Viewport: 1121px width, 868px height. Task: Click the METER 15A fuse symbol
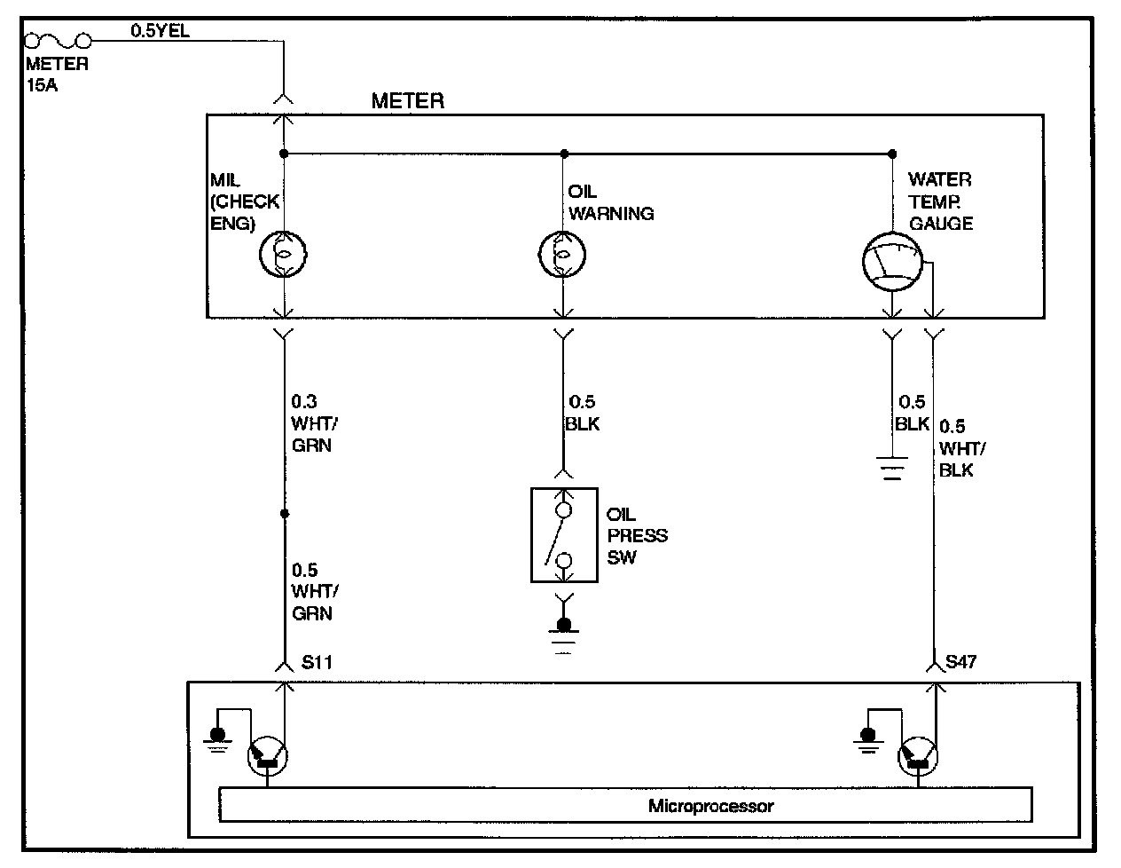pyautogui.click(x=58, y=40)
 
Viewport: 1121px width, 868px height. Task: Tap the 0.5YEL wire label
pyautogui.click(x=160, y=30)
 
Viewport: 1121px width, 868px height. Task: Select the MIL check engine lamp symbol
pyautogui.click(x=283, y=254)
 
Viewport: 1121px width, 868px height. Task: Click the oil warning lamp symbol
pyautogui.click(x=562, y=254)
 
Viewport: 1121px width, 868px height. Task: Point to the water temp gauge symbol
pyautogui.click(x=892, y=262)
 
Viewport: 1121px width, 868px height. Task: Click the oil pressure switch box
pyautogui.click(x=564, y=535)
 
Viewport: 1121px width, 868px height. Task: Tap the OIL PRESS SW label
pyautogui.click(x=637, y=536)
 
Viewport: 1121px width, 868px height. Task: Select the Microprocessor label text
pyautogui.click(x=711, y=806)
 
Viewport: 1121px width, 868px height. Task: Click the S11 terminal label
pyautogui.click(x=317, y=662)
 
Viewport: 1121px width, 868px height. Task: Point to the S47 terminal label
pyautogui.click(x=960, y=661)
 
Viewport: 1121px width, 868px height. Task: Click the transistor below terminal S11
pyautogui.click(x=268, y=756)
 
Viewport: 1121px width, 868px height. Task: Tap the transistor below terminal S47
pyautogui.click(x=918, y=756)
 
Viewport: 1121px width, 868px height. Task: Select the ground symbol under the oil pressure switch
pyautogui.click(x=564, y=635)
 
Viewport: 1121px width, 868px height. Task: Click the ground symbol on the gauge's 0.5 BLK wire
pyautogui.click(x=892, y=468)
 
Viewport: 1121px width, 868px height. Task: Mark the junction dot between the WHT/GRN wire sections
pyautogui.click(x=285, y=514)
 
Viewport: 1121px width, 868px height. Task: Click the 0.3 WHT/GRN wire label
pyautogui.click(x=315, y=423)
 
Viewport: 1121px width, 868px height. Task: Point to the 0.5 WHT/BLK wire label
pyautogui.click(x=962, y=448)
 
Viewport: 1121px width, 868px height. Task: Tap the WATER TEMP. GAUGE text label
pyautogui.click(x=940, y=201)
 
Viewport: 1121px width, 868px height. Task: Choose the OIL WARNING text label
pyautogui.click(x=611, y=202)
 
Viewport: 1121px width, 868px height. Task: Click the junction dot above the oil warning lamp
pyautogui.click(x=564, y=154)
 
